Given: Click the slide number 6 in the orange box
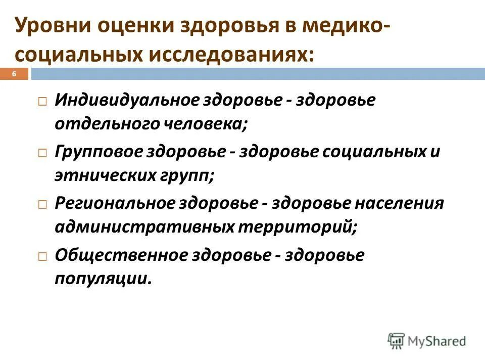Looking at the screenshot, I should (x=14, y=74).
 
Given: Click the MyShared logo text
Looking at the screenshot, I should (x=436, y=341).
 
